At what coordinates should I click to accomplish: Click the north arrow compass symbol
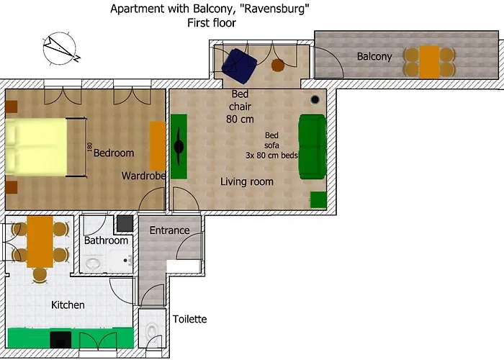tap(61, 50)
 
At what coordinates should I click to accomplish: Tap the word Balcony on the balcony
tap(374, 56)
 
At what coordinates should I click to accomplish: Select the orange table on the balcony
tap(429, 62)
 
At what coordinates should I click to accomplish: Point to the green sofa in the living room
tap(312, 145)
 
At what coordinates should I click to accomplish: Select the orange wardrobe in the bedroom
tap(157, 146)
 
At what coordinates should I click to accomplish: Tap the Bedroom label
tap(114, 153)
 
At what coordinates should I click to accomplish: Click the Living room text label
tap(247, 181)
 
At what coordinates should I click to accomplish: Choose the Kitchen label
tap(68, 305)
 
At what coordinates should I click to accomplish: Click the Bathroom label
tap(106, 240)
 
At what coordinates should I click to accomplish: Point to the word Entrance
tap(169, 230)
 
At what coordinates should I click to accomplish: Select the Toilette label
tap(190, 319)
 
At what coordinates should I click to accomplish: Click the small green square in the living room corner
tap(318, 199)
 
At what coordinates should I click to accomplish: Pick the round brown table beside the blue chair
tap(278, 66)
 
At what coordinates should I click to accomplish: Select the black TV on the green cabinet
tap(179, 146)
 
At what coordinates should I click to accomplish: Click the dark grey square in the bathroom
tap(125, 222)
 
